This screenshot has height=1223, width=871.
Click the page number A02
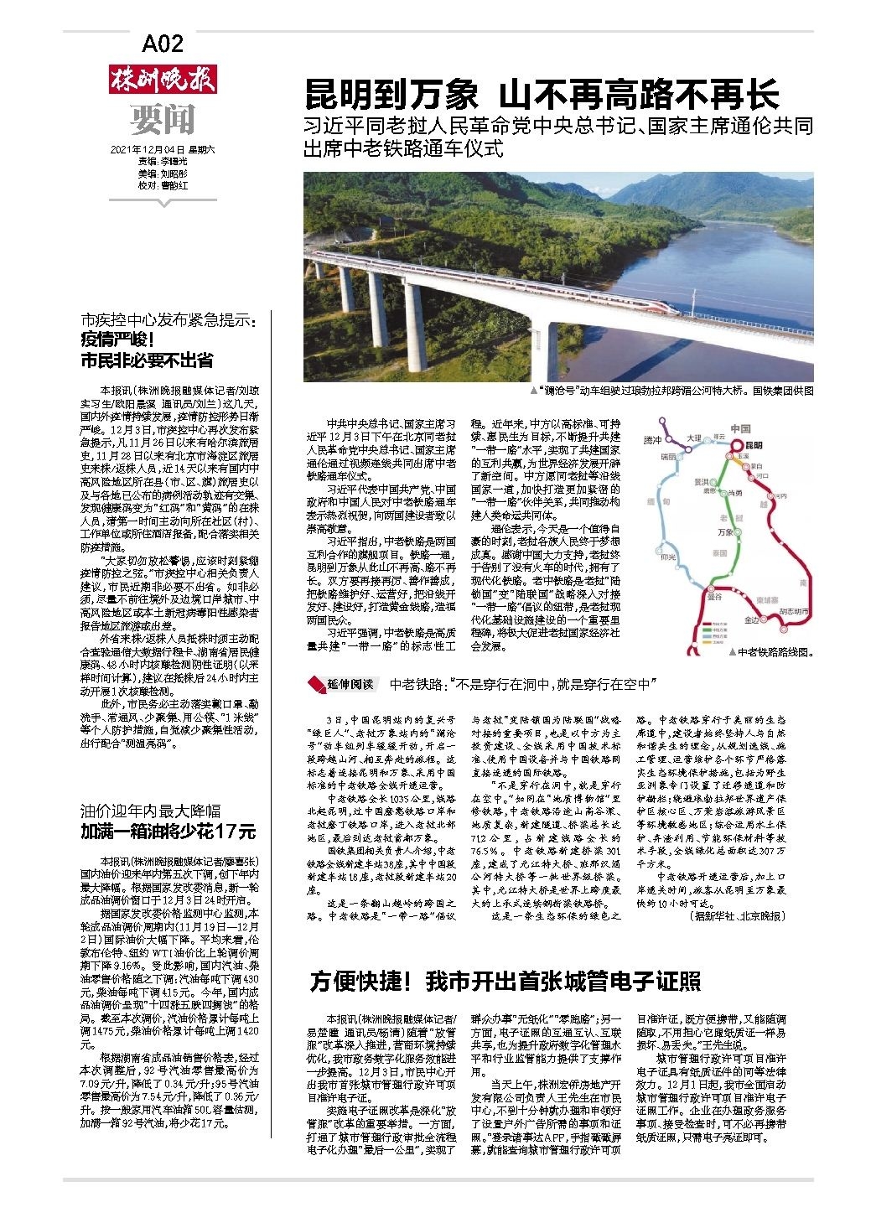tap(163, 44)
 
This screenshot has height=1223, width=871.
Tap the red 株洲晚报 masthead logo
tap(163, 80)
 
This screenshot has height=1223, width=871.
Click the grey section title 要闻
tap(163, 120)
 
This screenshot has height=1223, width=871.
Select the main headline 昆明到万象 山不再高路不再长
tap(542, 95)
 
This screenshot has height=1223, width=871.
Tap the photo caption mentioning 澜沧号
tap(671, 391)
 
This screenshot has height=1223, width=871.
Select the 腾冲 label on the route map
tap(652, 441)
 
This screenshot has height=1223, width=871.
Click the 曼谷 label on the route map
tap(713, 597)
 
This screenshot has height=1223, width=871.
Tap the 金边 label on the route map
tap(751, 619)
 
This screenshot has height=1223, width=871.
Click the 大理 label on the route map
tap(693, 438)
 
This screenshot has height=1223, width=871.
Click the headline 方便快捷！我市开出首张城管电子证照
tap(505, 982)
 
